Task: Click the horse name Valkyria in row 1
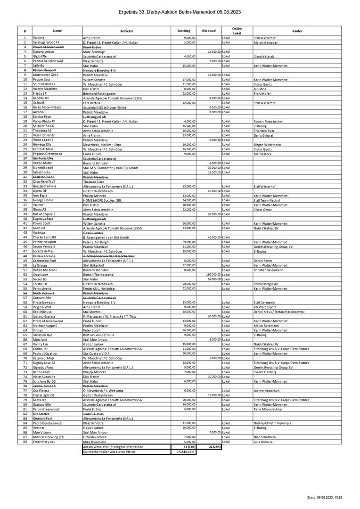pyautogui.click(x=39, y=37)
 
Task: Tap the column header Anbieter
pyautogui.click(x=127, y=31)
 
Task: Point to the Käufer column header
pyautogui.click(x=297, y=31)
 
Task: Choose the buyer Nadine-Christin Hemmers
pyautogui.click(x=273, y=423)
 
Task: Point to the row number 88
pyautogui.click(x=25, y=442)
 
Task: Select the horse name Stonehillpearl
pyautogui.click(x=43, y=167)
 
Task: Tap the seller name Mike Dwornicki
pyautogui.click(x=95, y=442)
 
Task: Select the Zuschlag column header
pyautogui.click(x=184, y=31)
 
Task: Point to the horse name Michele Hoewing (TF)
pyautogui.click(x=49, y=437)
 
